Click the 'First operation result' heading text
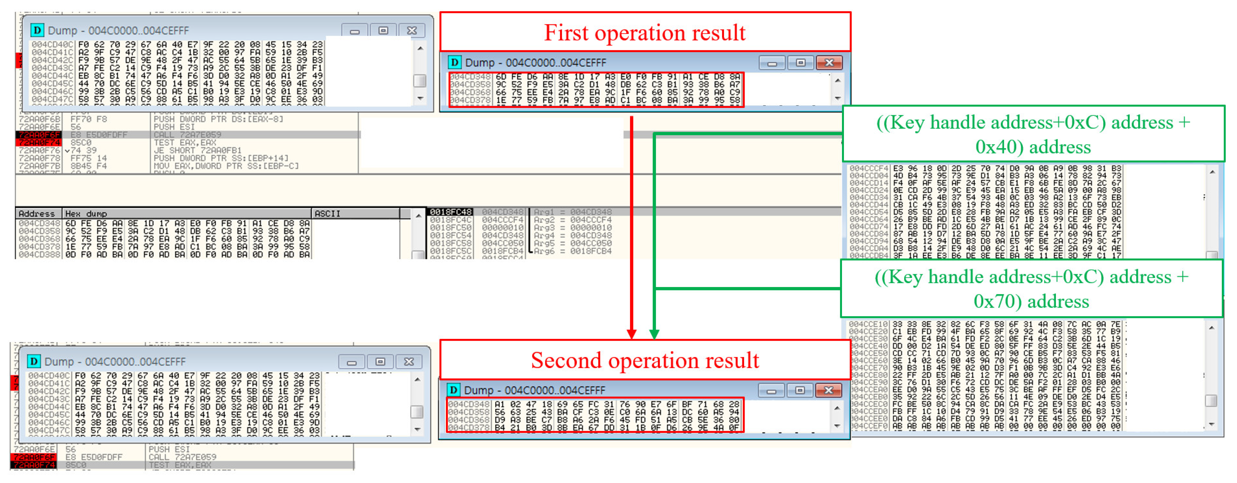point(644,33)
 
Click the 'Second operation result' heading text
point(644,360)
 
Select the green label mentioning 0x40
point(1033,134)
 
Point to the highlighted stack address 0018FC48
point(450,212)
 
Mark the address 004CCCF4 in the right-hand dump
point(868,169)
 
